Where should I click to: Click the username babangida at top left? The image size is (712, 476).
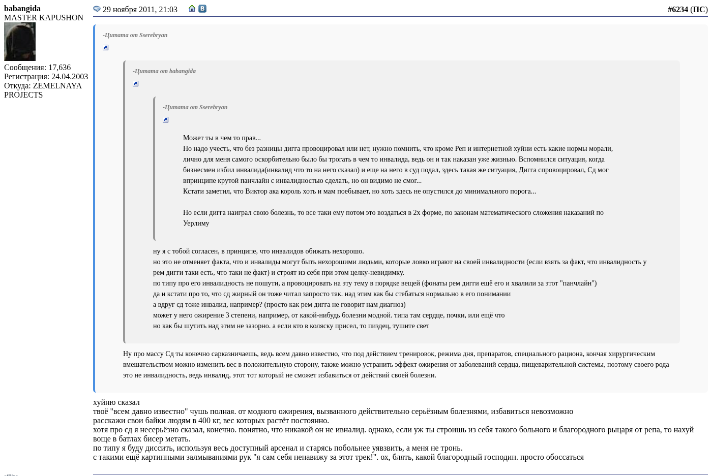pyautogui.click(x=22, y=9)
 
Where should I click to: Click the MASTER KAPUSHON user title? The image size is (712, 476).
pyautogui.click(x=44, y=18)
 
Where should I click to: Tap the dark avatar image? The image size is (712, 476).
pyautogui.click(x=20, y=42)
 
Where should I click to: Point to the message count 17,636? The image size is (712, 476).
pyautogui.click(x=60, y=68)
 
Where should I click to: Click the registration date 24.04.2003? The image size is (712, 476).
pyautogui.click(x=70, y=77)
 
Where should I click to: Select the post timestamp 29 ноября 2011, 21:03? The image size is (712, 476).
pyautogui.click(x=140, y=10)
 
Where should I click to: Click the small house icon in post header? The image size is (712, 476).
pyautogui.click(x=192, y=9)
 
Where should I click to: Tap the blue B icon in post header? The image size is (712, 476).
pyautogui.click(x=202, y=9)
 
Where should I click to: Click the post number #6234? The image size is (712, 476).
pyautogui.click(x=677, y=10)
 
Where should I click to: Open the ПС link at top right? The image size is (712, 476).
pyautogui.click(x=699, y=10)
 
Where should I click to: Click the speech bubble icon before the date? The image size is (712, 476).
pyautogui.click(x=97, y=9)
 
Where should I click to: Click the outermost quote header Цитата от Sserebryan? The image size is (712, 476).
pyautogui.click(x=135, y=35)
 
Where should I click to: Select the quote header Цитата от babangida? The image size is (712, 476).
pyautogui.click(x=164, y=71)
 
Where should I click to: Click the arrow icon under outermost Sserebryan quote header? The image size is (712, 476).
pyautogui.click(x=106, y=48)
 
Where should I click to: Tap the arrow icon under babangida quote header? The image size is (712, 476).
pyautogui.click(x=136, y=84)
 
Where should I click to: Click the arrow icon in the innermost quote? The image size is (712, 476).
pyautogui.click(x=166, y=120)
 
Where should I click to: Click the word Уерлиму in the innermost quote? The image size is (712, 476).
pyautogui.click(x=196, y=224)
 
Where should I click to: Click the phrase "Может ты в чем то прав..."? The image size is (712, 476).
pyautogui.click(x=222, y=138)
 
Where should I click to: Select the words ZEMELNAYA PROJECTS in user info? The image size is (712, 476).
pyautogui.click(x=43, y=90)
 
